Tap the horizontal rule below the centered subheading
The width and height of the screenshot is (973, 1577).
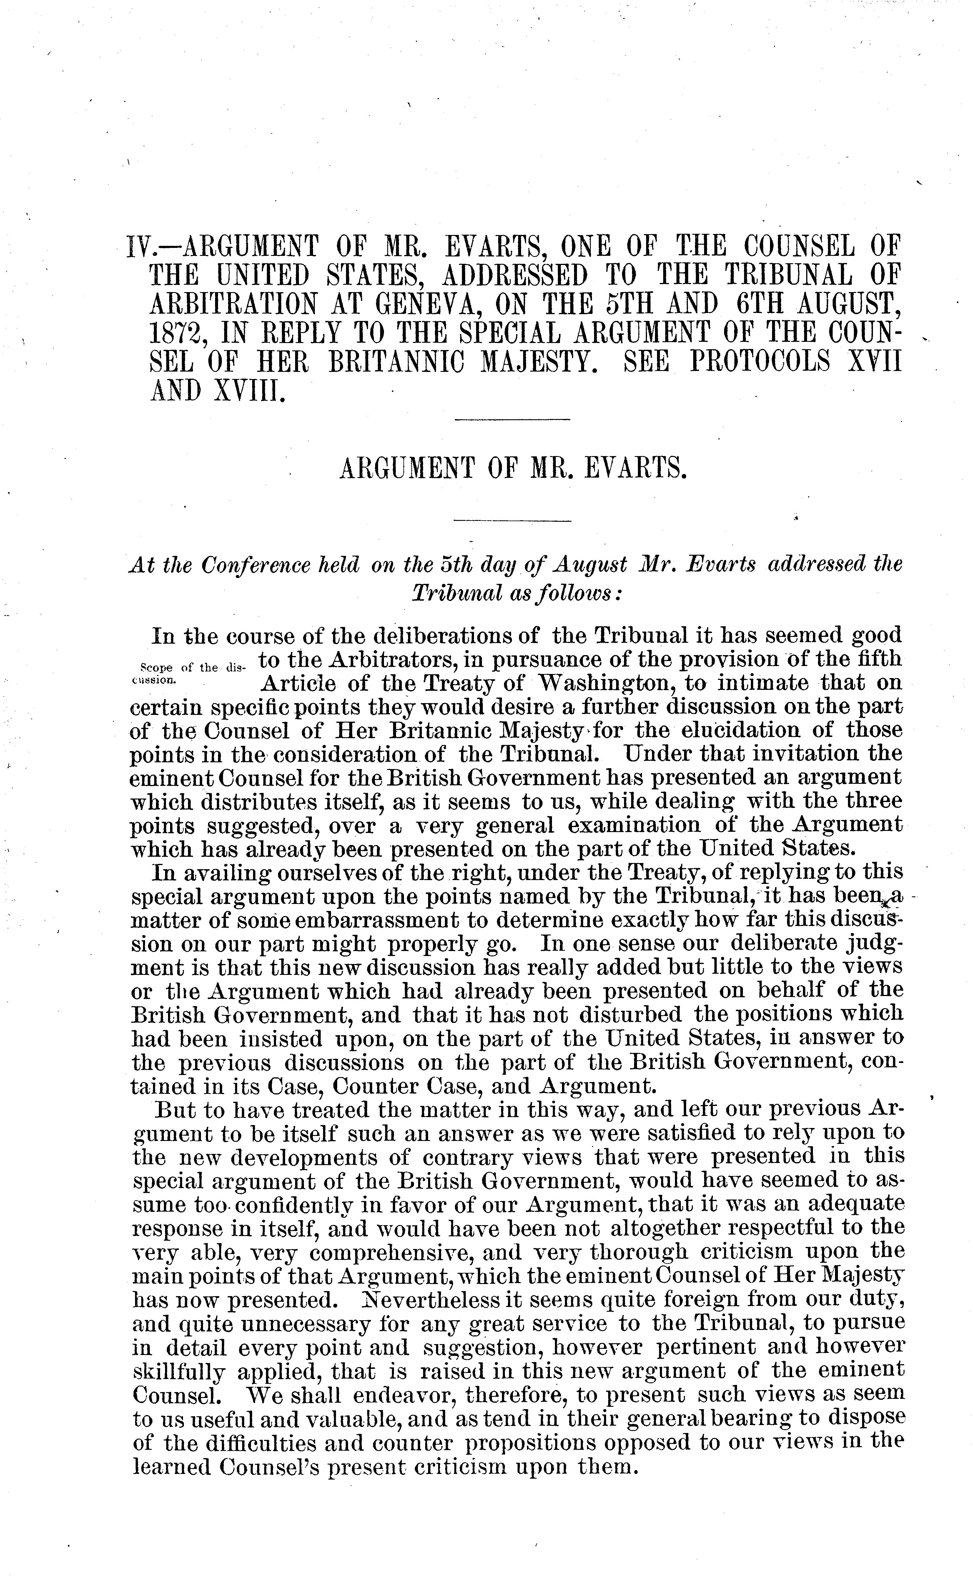tap(513, 520)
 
